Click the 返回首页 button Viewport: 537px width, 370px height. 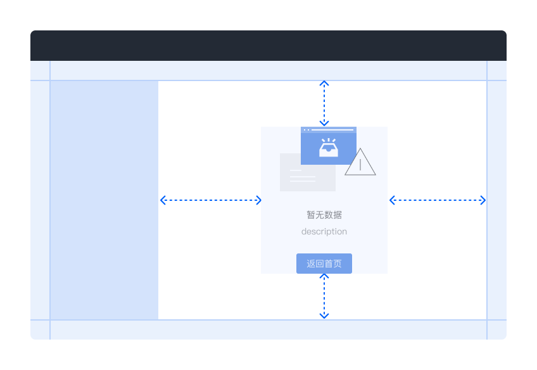pyautogui.click(x=324, y=264)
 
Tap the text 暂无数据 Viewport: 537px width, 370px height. pyautogui.click(x=324, y=215)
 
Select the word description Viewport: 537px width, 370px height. pyautogui.click(x=324, y=232)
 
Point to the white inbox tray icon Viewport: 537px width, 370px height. pyautogui.click(x=329, y=148)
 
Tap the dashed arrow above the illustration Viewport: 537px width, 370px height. pyautogui.click(x=324, y=103)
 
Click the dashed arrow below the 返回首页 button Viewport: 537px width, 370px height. pyautogui.click(x=324, y=297)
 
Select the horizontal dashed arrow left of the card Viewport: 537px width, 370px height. pyautogui.click(x=211, y=200)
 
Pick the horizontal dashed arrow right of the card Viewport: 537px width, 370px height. pyautogui.click(x=438, y=200)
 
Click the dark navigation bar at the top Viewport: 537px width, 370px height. pyautogui.click(x=268, y=46)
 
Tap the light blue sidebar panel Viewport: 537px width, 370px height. pyautogui.click(x=104, y=200)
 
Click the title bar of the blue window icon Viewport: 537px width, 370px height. pyautogui.click(x=329, y=130)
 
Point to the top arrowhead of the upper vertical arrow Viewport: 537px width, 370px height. pyautogui.click(x=324, y=82)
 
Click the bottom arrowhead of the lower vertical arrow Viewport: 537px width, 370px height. pyautogui.click(x=324, y=317)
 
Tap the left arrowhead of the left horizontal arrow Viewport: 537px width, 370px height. pyautogui.click(x=161, y=200)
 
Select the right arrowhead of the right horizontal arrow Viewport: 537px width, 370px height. pyautogui.click(x=485, y=200)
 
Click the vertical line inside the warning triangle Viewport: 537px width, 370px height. pyautogui.click(x=360, y=165)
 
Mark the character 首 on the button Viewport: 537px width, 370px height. pyautogui.click(x=329, y=264)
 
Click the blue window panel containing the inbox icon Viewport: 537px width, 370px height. pyautogui.click(x=329, y=146)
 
